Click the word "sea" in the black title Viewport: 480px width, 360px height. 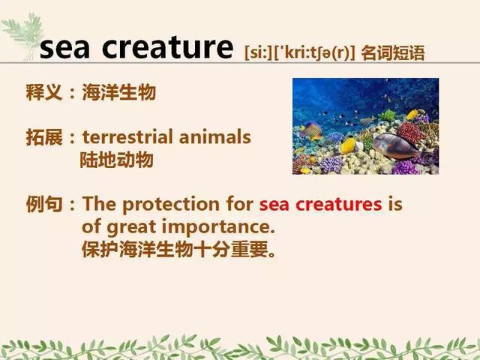[65, 48]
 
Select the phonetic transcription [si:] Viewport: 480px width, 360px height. [258, 53]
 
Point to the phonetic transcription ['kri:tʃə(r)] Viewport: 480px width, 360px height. [314, 53]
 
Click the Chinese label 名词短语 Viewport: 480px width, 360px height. [393, 53]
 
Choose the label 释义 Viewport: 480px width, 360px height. [44, 91]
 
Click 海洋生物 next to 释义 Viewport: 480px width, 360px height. [119, 91]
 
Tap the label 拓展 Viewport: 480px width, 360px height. [44, 136]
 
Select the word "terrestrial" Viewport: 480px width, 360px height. [127, 136]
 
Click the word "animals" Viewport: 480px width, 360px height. [215, 136]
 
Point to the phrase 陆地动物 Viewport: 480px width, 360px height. [117, 160]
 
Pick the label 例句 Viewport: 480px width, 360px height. [44, 204]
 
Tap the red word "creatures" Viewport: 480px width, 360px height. [339, 205]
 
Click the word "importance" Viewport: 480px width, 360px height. [218, 228]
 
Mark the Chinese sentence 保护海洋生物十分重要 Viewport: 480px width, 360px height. [178, 249]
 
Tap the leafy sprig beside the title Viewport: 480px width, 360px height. [24, 33]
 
